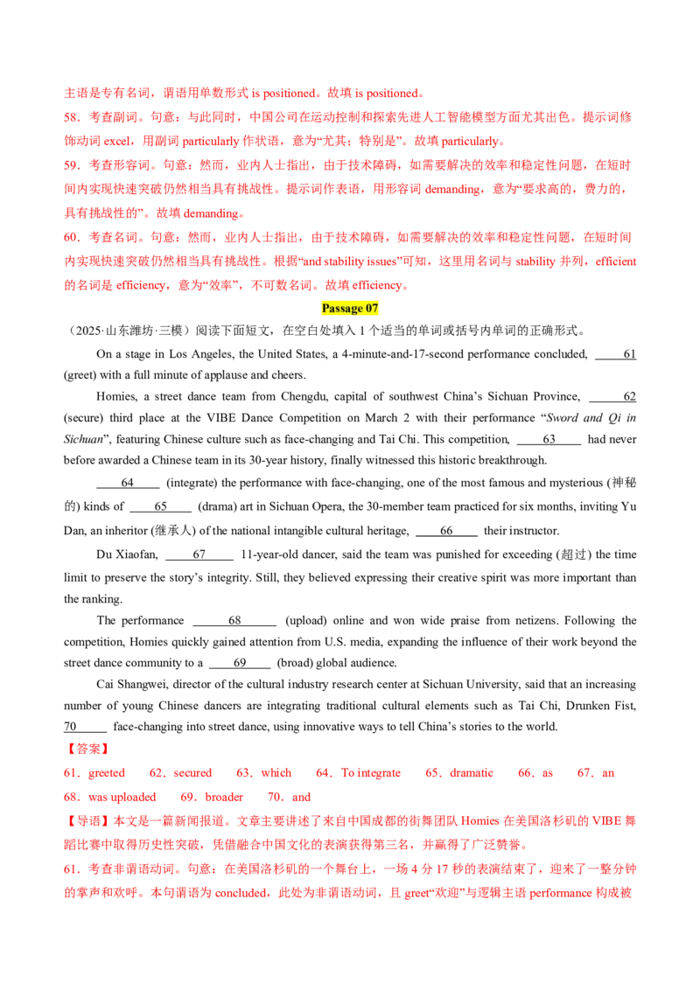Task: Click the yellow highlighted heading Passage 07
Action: pyautogui.click(x=349, y=308)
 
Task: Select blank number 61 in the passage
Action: pyautogui.click(x=615, y=354)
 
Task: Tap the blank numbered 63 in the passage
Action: pyautogui.click(x=549, y=439)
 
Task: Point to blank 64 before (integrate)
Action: pyautogui.click(x=128, y=483)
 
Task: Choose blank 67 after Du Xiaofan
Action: pyautogui.click(x=199, y=554)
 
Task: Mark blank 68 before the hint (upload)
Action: pyautogui.click(x=234, y=620)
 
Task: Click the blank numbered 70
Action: pyautogui.click(x=85, y=726)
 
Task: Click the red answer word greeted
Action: pyautogui.click(x=107, y=773)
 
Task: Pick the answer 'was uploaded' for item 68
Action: pyautogui.click(x=122, y=797)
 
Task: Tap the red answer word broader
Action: pyautogui.click(x=224, y=797)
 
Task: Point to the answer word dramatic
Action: pyautogui.click(x=472, y=773)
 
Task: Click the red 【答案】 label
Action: pyautogui.click(x=87, y=749)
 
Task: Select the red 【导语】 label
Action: pyautogui.click(x=87, y=821)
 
